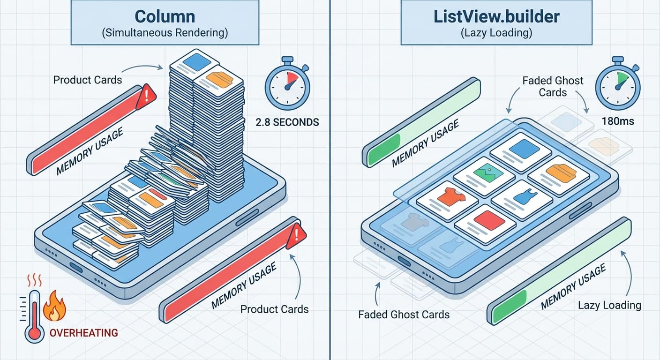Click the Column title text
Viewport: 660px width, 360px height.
click(x=165, y=16)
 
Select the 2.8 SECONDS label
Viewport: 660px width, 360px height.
click(x=287, y=122)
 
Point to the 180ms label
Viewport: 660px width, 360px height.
click(x=617, y=121)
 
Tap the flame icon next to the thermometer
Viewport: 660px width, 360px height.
click(x=54, y=306)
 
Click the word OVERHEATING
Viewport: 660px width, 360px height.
click(x=83, y=333)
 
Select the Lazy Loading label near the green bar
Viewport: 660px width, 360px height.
click(x=609, y=305)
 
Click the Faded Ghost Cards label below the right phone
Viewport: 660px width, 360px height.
click(x=404, y=315)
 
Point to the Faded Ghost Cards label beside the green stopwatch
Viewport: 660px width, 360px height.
click(x=553, y=86)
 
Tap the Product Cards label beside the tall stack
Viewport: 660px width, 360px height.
click(x=87, y=80)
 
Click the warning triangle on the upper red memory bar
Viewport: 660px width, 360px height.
click(x=146, y=97)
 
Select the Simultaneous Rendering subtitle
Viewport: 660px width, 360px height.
click(x=165, y=33)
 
